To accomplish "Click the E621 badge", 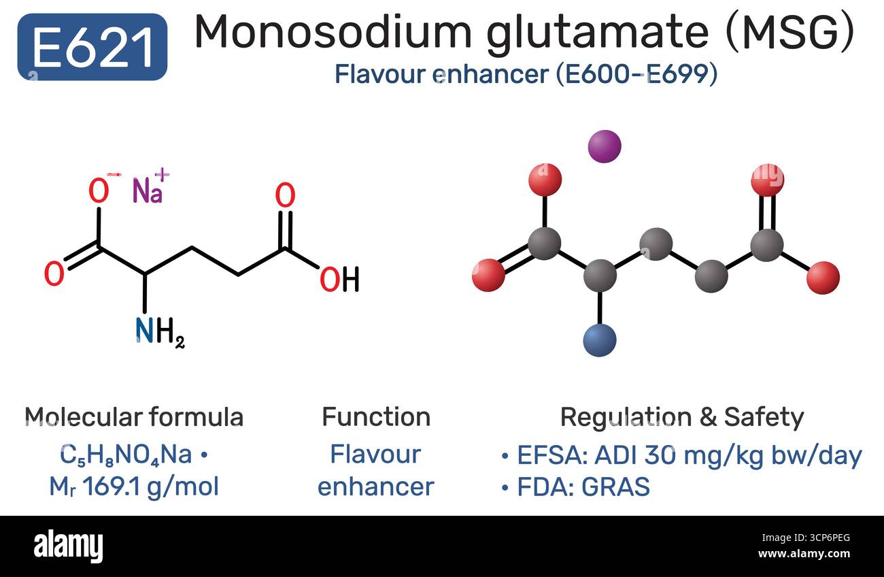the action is coord(92,47).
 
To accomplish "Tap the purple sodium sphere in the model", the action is coord(605,146).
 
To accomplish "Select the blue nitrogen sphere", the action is coord(600,340).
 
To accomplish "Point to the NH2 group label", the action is coord(160,331).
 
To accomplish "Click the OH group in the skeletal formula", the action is coord(339,279).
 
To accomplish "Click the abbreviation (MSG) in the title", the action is coord(790,33).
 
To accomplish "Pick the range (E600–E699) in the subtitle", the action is coord(636,74).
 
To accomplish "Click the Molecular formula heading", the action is coord(134,417).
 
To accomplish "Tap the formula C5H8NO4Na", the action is coord(126,455).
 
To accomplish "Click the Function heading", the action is coord(376,417).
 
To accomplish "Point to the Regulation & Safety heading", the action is coord(682,418).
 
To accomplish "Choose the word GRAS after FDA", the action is coord(615,487).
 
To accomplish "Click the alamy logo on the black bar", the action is coord(68,546).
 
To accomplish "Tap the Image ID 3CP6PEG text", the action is coord(806,538).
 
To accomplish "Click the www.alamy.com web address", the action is coord(804,554).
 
